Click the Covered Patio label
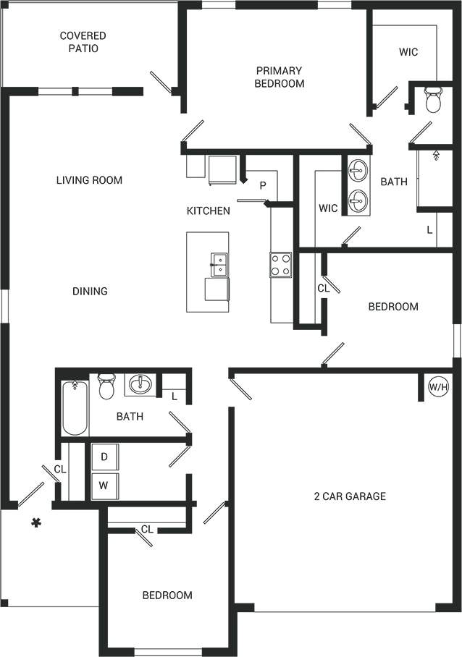(x=83, y=42)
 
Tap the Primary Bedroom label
(x=279, y=77)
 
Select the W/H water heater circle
(x=438, y=387)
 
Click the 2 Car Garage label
(x=350, y=496)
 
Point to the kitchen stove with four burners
(x=281, y=265)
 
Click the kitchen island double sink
(x=219, y=264)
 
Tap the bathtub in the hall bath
(x=75, y=408)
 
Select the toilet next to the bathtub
(x=106, y=386)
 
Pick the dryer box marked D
(x=104, y=457)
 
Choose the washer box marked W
(x=104, y=486)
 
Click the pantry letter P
(x=263, y=186)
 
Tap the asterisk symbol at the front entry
(x=35, y=522)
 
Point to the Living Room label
(x=89, y=180)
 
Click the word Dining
(x=90, y=291)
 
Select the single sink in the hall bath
(x=140, y=385)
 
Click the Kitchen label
(x=209, y=211)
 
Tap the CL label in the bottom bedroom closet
(x=147, y=530)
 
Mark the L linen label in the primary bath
(x=429, y=230)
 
